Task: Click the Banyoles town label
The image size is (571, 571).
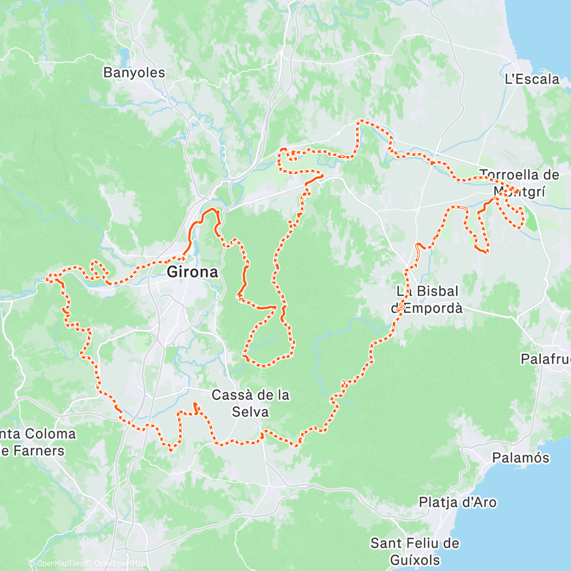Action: [x=134, y=73]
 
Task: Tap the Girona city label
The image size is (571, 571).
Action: [x=192, y=272]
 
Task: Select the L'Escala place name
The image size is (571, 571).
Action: [x=532, y=79]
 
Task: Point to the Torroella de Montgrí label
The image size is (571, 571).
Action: [x=519, y=183]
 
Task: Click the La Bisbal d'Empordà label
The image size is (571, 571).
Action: [x=429, y=300]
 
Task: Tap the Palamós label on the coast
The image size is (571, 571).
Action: [x=521, y=458]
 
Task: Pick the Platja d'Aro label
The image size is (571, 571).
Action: [x=457, y=502]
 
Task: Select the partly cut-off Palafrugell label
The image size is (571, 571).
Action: [x=545, y=359]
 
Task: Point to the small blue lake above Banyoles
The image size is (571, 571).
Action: [x=124, y=55]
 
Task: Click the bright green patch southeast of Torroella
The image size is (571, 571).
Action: [x=531, y=220]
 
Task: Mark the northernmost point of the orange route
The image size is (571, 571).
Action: [x=360, y=121]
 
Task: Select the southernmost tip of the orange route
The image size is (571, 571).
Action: [x=171, y=449]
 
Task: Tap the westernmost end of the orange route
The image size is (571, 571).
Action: [x=48, y=279]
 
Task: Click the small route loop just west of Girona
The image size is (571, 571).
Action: [x=98, y=268]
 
